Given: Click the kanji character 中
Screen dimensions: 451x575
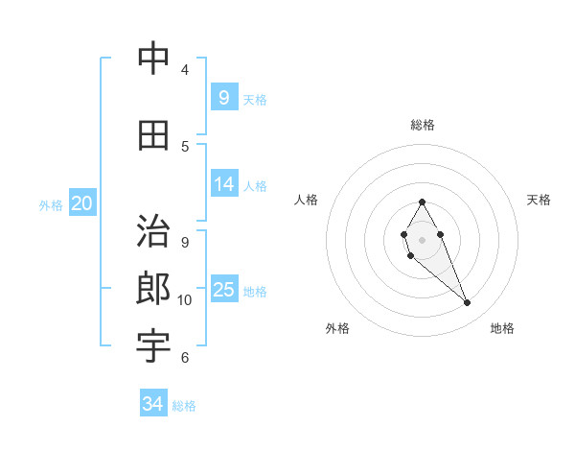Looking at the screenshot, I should (153, 59).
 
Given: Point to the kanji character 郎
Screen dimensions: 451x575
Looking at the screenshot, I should (153, 289).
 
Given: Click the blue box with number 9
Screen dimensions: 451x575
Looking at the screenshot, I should (223, 97).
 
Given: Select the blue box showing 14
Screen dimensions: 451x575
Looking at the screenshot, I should (224, 184).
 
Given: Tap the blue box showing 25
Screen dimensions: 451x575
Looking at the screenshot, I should (224, 290).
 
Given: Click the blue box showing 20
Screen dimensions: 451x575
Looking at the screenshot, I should (82, 203).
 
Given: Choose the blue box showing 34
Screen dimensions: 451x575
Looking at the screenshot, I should (152, 404).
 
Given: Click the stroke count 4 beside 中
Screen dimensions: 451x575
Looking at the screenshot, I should (185, 70).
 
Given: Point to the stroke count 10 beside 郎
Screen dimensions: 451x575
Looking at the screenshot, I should (185, 300).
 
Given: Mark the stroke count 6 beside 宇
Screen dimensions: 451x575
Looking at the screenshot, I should (185, 358).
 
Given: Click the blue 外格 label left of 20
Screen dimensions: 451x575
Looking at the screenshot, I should (51, 204).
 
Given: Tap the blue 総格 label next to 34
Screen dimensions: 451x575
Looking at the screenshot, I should (184, 406).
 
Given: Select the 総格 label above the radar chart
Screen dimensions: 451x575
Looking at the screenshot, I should (422, 125).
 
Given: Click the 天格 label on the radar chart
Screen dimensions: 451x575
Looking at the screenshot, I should (539, 200).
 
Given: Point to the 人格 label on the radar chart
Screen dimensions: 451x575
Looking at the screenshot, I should (307, 200).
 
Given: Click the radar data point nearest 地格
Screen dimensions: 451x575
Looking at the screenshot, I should (467, 303).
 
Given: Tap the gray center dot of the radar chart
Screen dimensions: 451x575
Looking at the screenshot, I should (422, 239).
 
